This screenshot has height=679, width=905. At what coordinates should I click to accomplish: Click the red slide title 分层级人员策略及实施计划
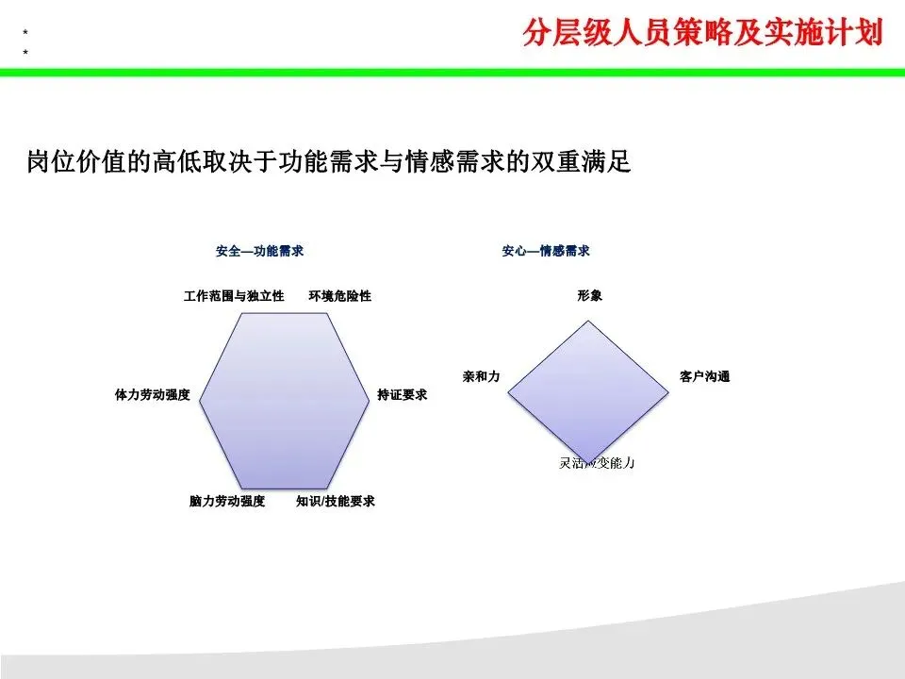pos(702,33)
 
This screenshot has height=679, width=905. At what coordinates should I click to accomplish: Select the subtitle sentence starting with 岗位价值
pos(328,163)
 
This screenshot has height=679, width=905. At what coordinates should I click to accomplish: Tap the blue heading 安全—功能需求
pos(259,252)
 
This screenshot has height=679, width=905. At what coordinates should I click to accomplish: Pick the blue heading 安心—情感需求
pos(546,252)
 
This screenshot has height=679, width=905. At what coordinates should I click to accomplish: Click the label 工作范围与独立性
pos(234,296)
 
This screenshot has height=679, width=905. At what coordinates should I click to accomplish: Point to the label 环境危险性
pos(340,296)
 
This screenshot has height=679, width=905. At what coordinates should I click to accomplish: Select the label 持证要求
pos(403,395)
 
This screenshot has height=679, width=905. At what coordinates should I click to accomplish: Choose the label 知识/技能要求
pos(336,502)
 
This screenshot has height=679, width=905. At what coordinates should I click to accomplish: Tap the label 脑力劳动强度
pos(227,502)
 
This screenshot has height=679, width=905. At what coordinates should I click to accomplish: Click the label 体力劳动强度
pos(153,395)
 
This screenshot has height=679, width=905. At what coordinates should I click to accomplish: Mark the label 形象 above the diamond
pos(590,296)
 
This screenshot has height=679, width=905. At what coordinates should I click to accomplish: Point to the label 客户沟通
pos(705,377)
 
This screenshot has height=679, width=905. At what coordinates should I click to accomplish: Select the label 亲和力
pos(481,376)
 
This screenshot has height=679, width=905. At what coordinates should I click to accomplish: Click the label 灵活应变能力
pos(598,463)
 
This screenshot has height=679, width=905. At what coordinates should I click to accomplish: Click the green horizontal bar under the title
pos(452,72)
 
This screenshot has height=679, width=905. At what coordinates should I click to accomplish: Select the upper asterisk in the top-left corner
pos(25,33)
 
